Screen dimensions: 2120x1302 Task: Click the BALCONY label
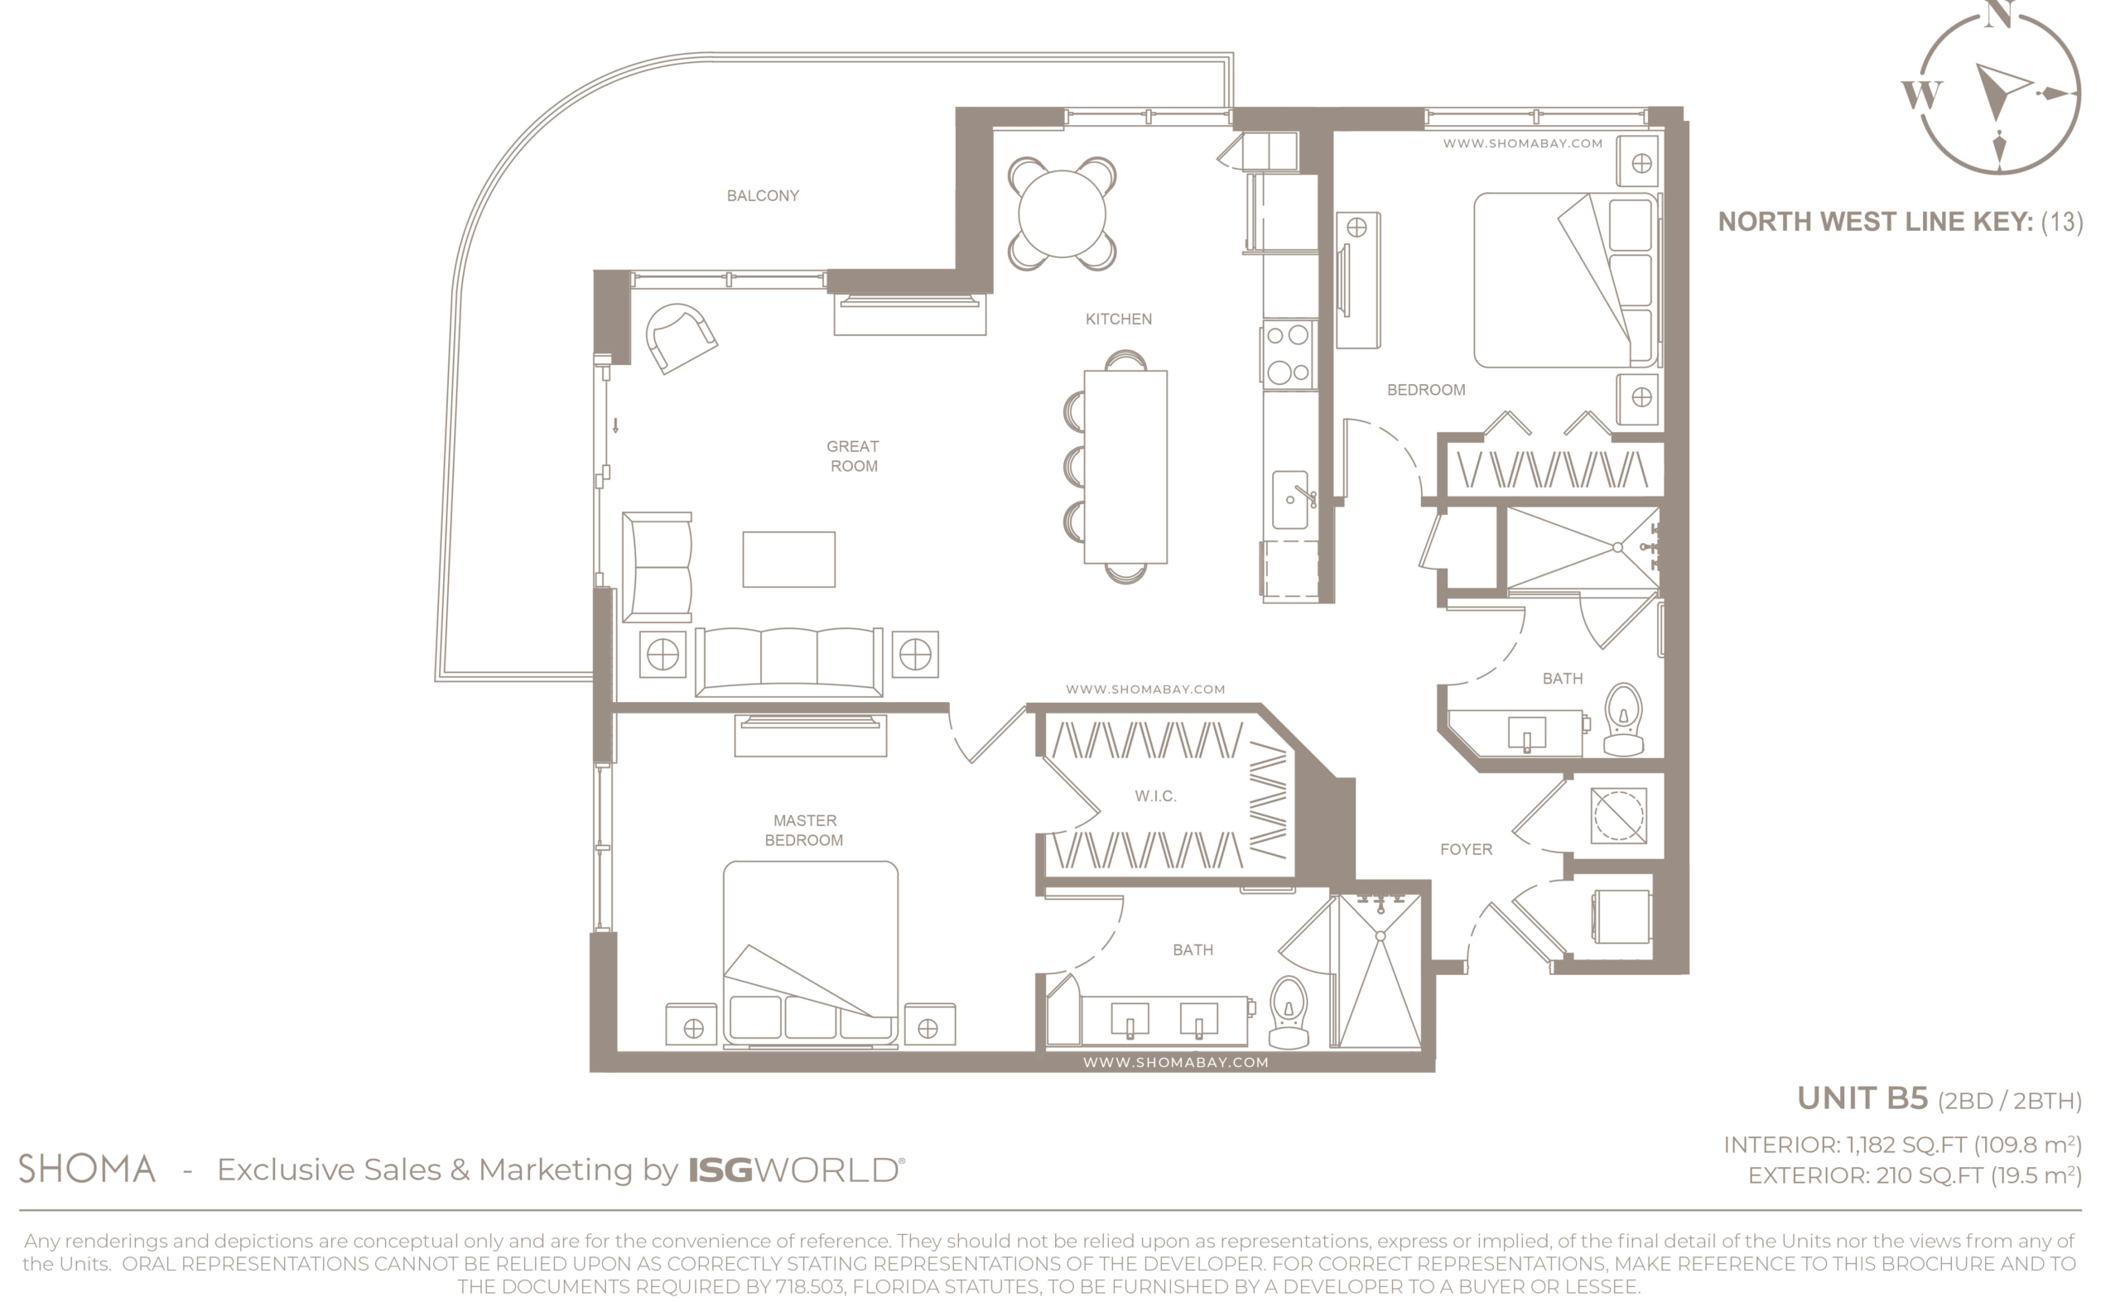(x=763, y=196)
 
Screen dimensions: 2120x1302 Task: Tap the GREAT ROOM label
(x=853, y=456)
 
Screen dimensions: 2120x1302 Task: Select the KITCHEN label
(x=1118, y=319)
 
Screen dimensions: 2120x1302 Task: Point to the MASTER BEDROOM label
(x=805, y=830)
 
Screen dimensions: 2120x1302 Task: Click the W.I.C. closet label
(x=1155, y=796)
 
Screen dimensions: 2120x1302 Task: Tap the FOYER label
(x=1466, y=850)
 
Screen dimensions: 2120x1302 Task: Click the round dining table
(x=1062, y=214)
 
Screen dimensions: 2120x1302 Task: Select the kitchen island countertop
(x=1125, y=467)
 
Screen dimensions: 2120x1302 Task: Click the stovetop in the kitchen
(x=1288, y=354)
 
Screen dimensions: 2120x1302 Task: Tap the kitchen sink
(x=1289, y=499)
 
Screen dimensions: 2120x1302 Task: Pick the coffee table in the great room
(x=788, y=560)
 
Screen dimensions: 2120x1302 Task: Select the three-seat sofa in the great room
(x=788, y=661)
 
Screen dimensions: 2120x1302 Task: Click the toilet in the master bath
(x=1289, y=1011)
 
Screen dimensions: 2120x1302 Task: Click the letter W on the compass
(x=1921, y=94)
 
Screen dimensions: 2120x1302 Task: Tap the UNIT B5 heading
(x=1862, y=1098)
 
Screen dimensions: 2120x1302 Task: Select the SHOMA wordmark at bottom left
(x=87, y=1169)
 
